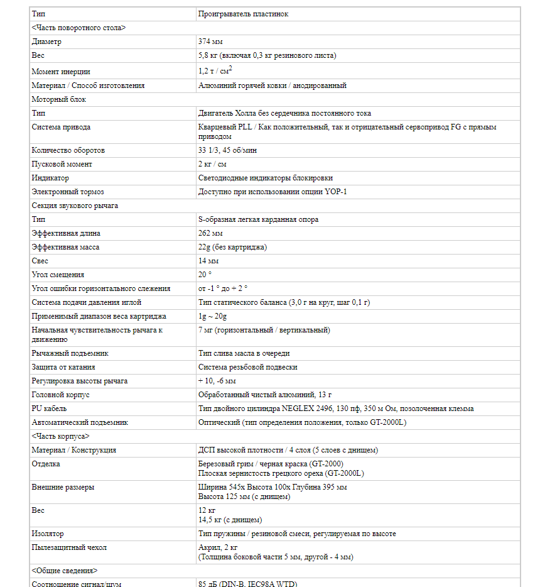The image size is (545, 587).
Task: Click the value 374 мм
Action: (x=209, y=41)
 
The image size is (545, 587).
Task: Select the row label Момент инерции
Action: (x=61, y=72)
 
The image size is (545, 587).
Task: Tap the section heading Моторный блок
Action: (x=59, y=99)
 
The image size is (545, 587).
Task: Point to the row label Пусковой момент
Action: (x=62, y=165)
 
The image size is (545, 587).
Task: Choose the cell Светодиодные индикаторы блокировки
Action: (x=266, y=178)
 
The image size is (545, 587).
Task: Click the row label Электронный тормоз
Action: (x=68, y=192)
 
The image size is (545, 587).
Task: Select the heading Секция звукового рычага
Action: (x=75, y=206)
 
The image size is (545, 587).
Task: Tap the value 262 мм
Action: (x=209, y=234)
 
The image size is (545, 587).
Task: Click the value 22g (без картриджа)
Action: (x=232, y=247)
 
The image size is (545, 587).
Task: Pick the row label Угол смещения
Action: (x=58, y=275)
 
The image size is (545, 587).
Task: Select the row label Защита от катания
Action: (x=63, y=367)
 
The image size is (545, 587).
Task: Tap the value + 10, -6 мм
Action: (x=217, y=381)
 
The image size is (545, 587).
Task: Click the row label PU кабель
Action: (x=50, y=409)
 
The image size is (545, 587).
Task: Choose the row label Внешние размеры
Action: (x=63, y=487)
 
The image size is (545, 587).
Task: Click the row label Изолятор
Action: (x=48, y=534)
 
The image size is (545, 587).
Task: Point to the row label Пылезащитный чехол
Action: (x=69, y=547)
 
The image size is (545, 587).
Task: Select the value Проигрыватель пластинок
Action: (x=243, y=14)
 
